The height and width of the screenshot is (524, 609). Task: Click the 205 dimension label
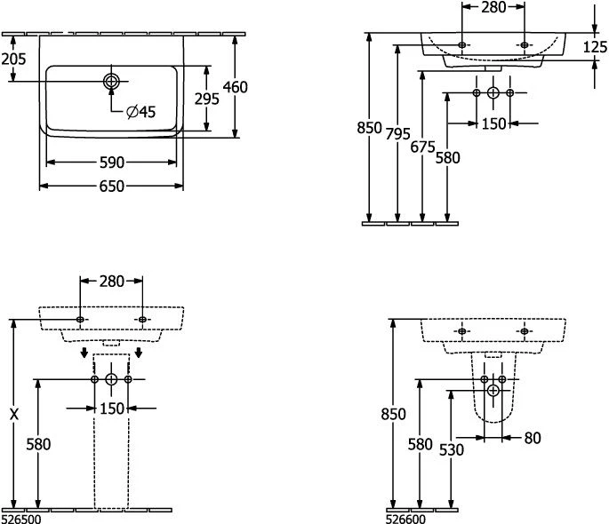13,59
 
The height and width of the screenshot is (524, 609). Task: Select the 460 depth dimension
236,86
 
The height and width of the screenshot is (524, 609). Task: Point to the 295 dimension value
206,99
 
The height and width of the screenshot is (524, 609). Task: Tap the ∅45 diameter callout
140,111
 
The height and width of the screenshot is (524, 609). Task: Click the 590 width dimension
111,163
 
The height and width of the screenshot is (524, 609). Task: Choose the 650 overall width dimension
111,186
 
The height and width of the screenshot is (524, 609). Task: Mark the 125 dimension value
595,47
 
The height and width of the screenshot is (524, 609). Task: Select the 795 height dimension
399,133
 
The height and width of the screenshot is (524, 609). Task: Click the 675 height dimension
424,147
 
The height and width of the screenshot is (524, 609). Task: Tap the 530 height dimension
451,449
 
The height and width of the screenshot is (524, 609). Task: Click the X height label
12,413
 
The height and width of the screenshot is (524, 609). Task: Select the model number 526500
20,518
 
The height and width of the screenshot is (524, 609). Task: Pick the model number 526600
405,518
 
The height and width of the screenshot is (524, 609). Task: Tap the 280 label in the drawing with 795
493,8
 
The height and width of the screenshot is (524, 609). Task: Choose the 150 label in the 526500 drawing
111,408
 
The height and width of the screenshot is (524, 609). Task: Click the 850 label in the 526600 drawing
393,413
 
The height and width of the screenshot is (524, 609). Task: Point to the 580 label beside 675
448,158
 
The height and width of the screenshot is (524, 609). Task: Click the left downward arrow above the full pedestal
84,354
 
